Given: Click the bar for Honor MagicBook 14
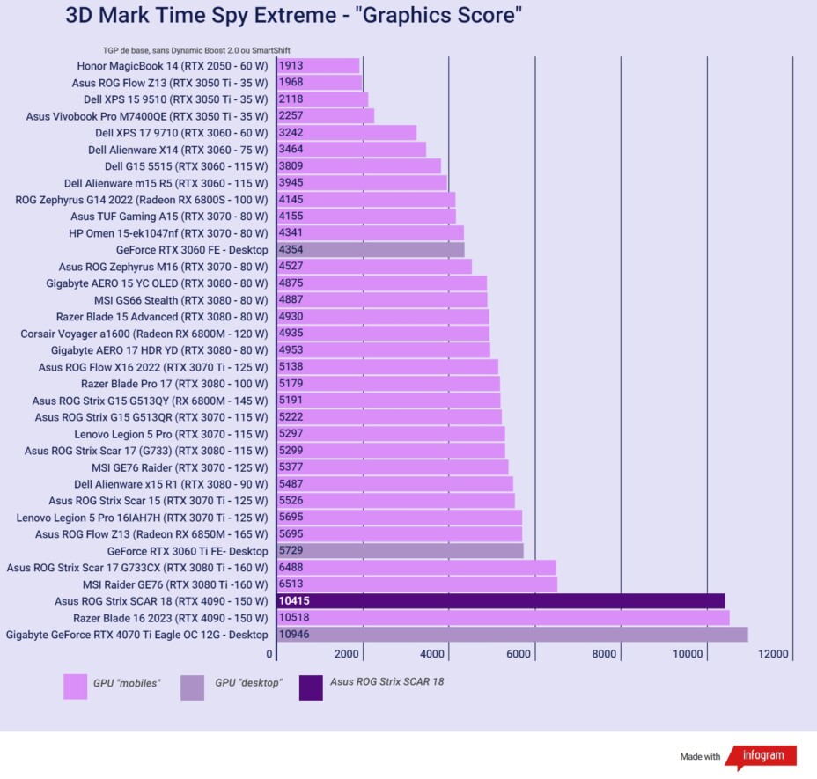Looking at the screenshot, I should coord(318,65).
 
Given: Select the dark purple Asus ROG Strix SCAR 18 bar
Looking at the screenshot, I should coord(500,600).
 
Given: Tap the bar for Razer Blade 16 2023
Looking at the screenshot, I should coord(503,617).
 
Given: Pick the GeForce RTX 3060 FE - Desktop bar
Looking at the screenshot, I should coord(371,249).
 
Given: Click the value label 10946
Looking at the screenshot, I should coord(294,635).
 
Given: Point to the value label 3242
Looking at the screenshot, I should coord(291,132).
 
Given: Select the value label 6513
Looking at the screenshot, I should coord(291,584).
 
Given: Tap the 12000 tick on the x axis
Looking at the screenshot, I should coord(776,654).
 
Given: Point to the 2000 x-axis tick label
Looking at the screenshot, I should coord(347,654).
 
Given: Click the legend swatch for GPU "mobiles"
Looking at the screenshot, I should coord(76,687).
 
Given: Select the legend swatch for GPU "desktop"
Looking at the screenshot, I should coord(192,687).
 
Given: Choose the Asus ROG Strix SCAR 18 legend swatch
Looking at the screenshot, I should coord(311,687).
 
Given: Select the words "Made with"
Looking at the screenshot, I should coord(700,757).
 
